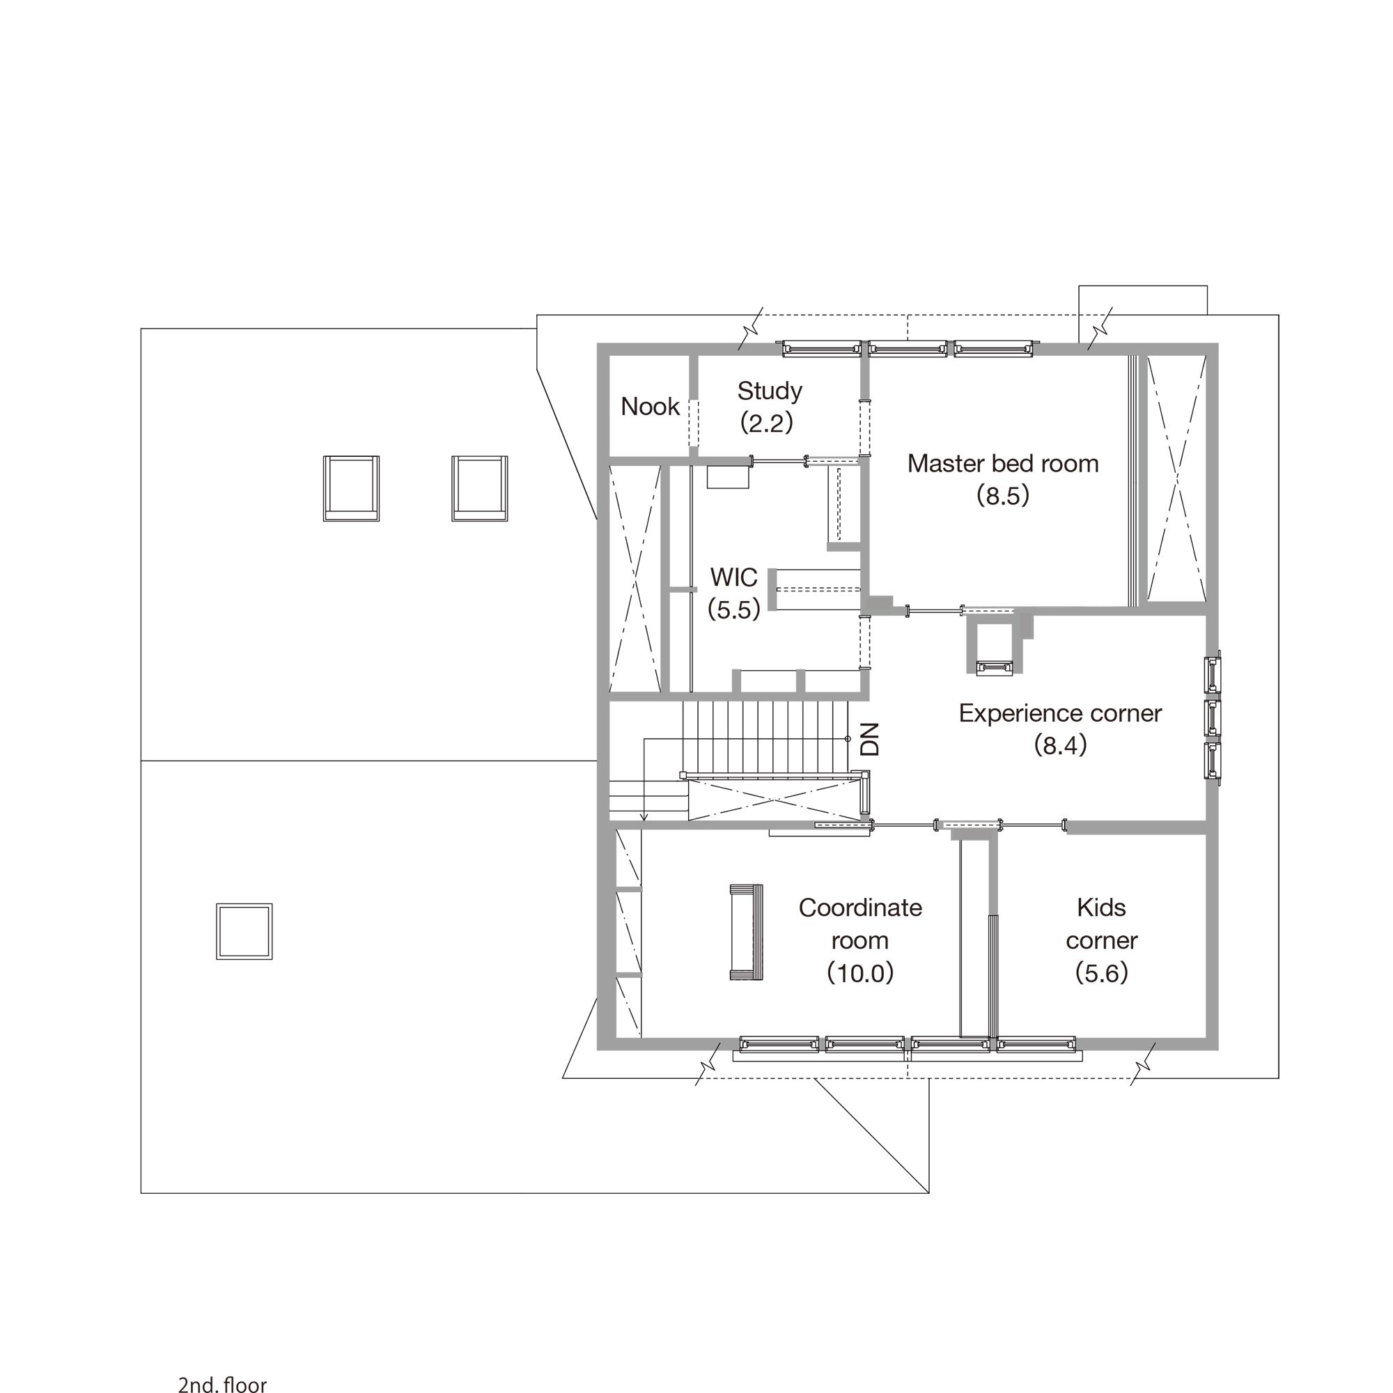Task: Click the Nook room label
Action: point(651,407)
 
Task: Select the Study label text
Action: point(770,391)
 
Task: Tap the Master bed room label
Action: point(1003,463)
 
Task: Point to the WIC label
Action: point(734,577)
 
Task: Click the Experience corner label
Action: point(1060,714)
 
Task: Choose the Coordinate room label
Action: point(860,924)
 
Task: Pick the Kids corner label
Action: point(1102,924)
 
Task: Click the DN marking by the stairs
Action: point(871,739)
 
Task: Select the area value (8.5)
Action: point(1003,496)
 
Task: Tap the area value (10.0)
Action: point(860,974)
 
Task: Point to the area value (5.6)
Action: point(1102,974)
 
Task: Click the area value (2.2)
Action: point(767,423)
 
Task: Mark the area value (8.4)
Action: point(1060,745)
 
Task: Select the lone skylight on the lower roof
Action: point(244,931)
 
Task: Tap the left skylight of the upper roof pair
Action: point(351,488)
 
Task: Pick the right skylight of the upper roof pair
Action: point(479,488)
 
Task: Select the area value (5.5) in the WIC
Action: point(734,610)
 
